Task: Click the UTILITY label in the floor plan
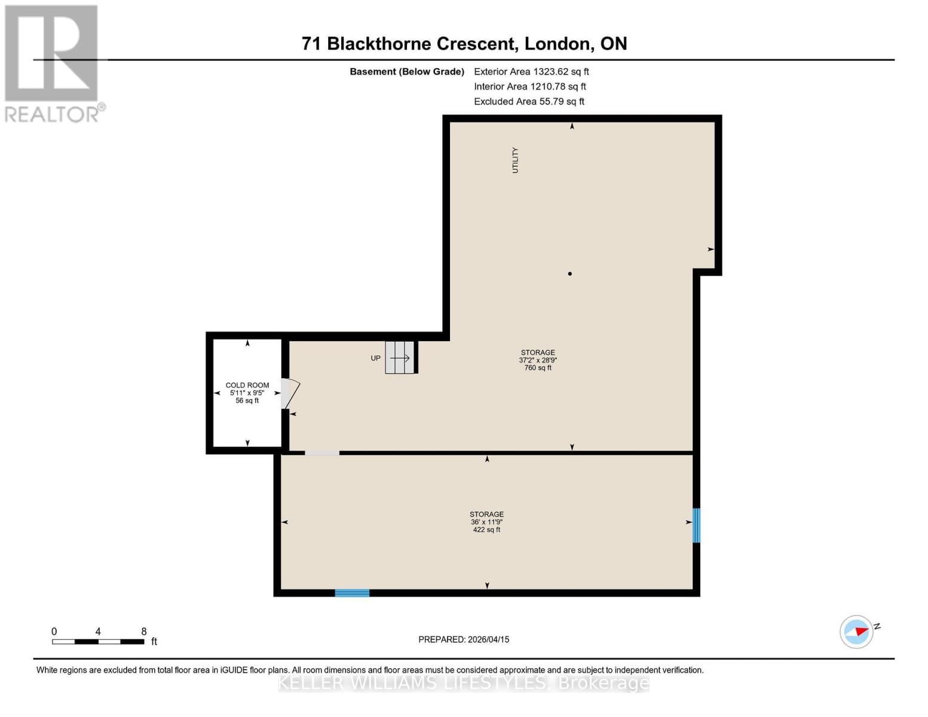(515, 160)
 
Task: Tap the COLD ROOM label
(247, 385)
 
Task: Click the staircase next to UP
(399, 358)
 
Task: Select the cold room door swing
(290, 393)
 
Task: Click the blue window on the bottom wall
(352, 593)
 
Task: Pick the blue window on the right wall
(696, 525)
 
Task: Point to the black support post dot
(570, 274)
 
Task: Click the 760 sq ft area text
(538, 368)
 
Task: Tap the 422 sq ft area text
(486, 530)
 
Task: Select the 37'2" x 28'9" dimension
(538, 360)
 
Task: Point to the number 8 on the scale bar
(143, 632)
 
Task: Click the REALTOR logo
(53, 63)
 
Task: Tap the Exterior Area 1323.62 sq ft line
(531, 71)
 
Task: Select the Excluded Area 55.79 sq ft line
(529, 102)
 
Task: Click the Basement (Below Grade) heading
(406, 72)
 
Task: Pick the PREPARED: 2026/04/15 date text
(464, 639)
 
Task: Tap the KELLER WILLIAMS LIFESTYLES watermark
(464, 683)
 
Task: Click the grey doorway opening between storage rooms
(322, 453)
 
